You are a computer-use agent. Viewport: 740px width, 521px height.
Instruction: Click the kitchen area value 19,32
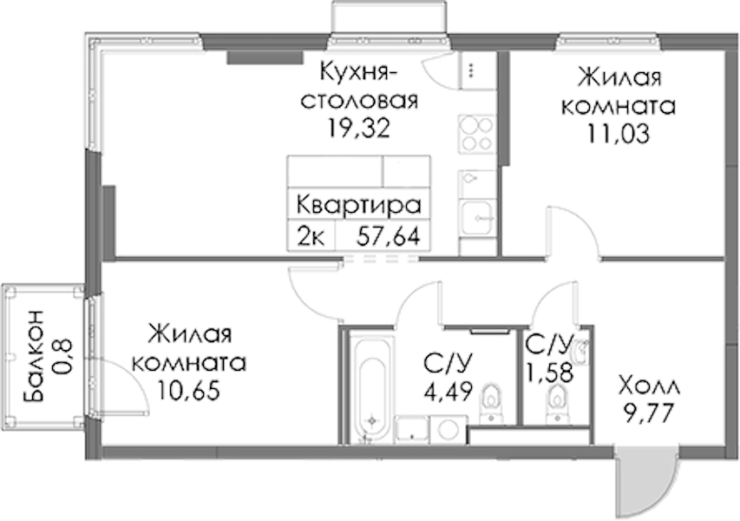[360, 127]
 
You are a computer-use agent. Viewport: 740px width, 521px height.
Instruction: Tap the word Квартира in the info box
[358, 206]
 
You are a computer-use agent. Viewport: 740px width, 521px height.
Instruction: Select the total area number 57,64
[389, 236]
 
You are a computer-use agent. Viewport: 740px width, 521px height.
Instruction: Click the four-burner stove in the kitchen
[477, 134]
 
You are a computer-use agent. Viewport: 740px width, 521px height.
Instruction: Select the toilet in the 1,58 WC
[557, 403]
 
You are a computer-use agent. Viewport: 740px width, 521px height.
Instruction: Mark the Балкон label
[33, 357]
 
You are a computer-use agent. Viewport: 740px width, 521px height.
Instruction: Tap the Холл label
[650, 387]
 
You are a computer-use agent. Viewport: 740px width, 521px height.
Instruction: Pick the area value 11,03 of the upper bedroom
[619, 134]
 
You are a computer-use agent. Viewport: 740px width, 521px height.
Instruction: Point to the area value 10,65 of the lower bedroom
[189, 392]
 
